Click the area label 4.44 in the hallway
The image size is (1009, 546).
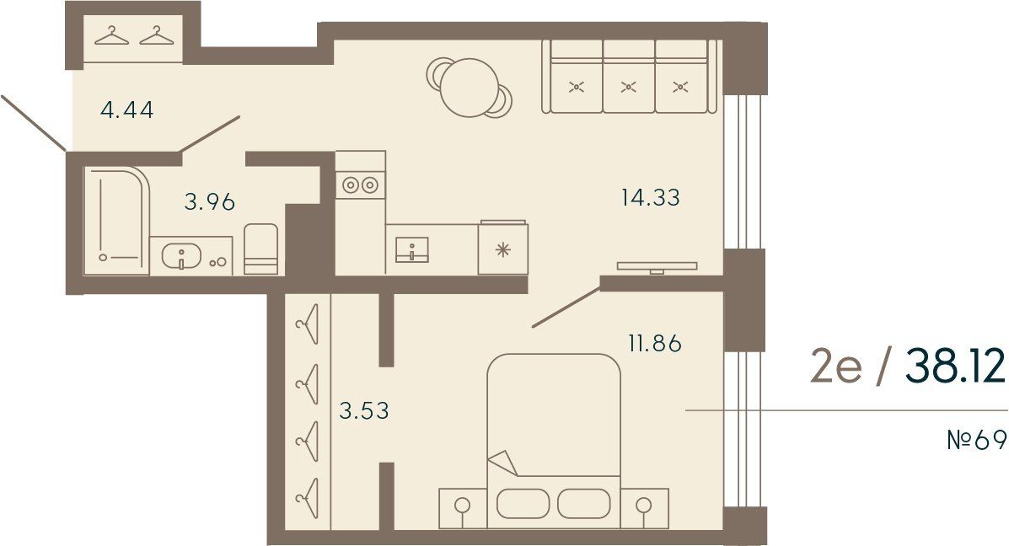click(x=127, y=110)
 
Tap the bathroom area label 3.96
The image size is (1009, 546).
click(x=210, y=202)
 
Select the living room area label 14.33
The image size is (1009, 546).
click(x=651, y=197)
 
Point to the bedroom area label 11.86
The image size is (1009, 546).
click(x=655, y=343)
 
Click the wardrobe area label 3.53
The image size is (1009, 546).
click(x=364, y=410)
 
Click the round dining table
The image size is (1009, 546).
click(x=470, y=88)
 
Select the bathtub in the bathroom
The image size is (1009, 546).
click(x=116, y=222)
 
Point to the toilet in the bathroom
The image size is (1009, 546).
click(x=260, y=249)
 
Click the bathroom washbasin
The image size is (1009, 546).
click(x=181, y=256)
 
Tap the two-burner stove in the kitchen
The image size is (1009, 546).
click(x=360, y=185)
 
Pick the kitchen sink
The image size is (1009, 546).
click(x=412, y=249)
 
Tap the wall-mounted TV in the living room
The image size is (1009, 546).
click(x=657, y=266)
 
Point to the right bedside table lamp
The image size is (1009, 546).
click(x=643, y=506)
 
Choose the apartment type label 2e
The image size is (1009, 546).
click(x=835, y=368)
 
